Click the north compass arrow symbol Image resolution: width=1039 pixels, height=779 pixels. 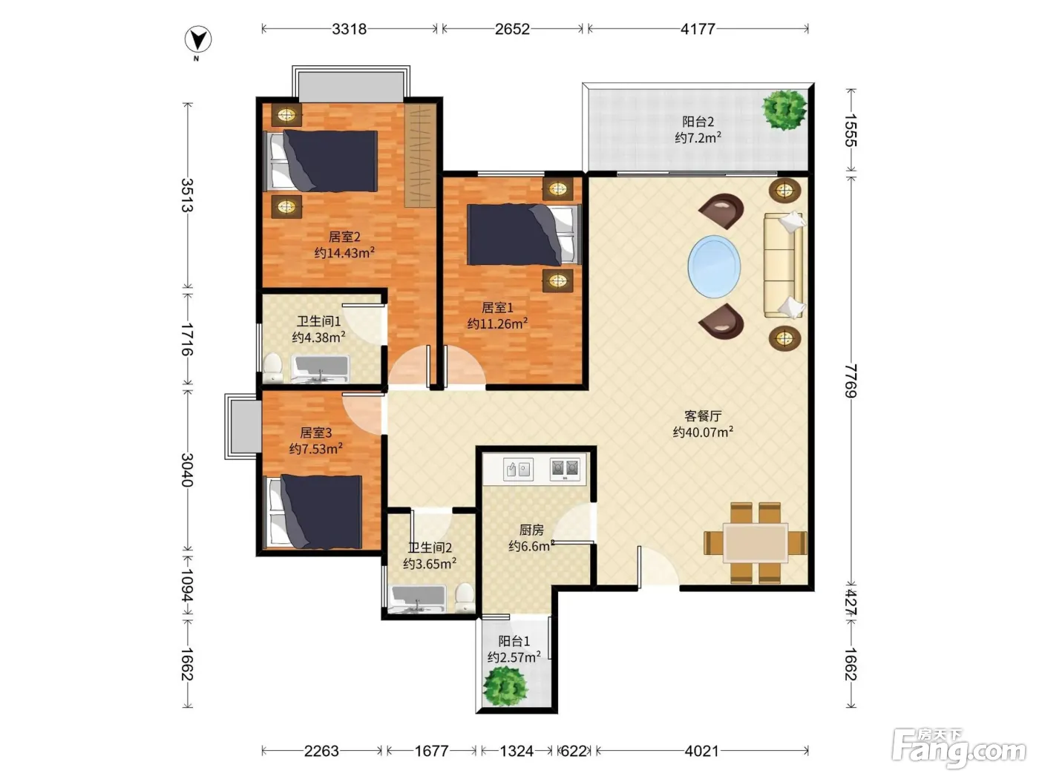pos(198,40)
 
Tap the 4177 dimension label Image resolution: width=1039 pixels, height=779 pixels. pos(698,29)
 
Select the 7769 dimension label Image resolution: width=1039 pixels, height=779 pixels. pos(851,381)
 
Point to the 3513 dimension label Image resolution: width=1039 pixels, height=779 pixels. pos(188,195)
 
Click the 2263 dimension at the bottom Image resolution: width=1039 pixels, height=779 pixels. pos(321,751)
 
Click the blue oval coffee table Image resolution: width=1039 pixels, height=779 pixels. pos(714,267)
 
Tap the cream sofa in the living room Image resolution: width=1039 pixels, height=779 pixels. pos(784,265)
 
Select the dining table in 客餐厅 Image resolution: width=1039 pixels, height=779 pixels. pos(756,542)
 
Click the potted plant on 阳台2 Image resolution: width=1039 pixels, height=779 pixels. pos(784,110)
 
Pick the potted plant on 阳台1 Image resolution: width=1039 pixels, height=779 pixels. pos(505,686)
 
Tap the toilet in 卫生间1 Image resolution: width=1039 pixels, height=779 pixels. pos(273,367)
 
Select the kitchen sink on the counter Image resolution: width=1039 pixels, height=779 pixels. pos(518,470)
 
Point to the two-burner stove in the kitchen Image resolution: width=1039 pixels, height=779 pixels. pos(565,469)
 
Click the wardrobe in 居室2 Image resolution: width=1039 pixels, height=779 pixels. pos(420,155)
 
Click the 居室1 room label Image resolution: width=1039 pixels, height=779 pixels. pos(497,308)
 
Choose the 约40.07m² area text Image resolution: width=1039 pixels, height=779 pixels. pos(703,432)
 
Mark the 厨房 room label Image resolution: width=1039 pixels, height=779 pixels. pos(531,530)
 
